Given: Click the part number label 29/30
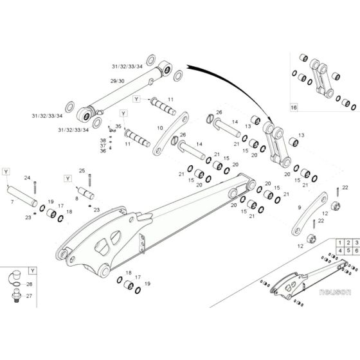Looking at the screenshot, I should point(118,81).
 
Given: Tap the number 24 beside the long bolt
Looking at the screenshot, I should point(27,177).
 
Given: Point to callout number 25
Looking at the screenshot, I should point(82,170).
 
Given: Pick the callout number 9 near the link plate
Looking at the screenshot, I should point(299,207).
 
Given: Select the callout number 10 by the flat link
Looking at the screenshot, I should point(159,128).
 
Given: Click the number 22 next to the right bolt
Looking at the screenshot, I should point(345,186).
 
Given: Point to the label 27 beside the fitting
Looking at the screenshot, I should point(30,296).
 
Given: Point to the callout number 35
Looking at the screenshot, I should point(118,126).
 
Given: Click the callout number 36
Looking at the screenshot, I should point(102,151).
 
